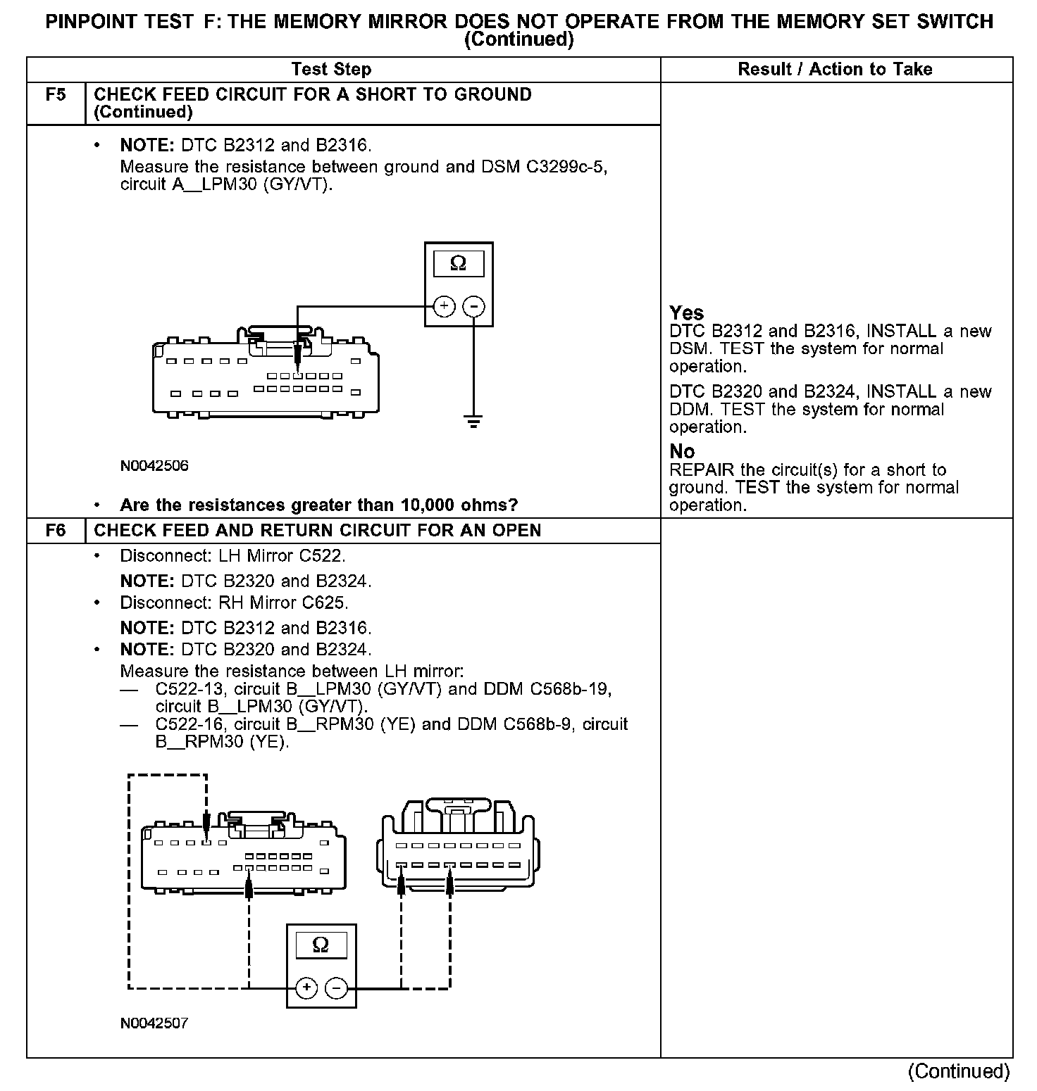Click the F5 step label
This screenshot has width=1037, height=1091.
tap(55, 94)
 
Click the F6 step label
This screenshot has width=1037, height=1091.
tap(55, 530)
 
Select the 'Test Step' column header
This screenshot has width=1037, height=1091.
tap(331, 69)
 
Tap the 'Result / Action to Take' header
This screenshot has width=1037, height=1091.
tap(835, 69)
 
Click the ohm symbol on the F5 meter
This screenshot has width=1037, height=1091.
tap(458, 264)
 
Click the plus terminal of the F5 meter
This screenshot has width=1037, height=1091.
tap(444, 306)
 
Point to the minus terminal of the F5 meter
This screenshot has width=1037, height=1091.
tap(473, 306)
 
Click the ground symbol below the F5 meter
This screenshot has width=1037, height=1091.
tap(473, 422)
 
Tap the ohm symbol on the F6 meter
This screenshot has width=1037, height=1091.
tap(321, 945)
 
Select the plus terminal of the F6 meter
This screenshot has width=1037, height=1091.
tap(306, 988)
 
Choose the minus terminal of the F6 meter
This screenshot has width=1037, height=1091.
tap(337, 988)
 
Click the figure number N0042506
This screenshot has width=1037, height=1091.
tap(154, 466)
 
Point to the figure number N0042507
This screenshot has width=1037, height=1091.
tap(154, 1023)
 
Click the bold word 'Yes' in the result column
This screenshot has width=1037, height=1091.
tap(687, 313)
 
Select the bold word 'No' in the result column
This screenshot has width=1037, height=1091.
tap(682, 451)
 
